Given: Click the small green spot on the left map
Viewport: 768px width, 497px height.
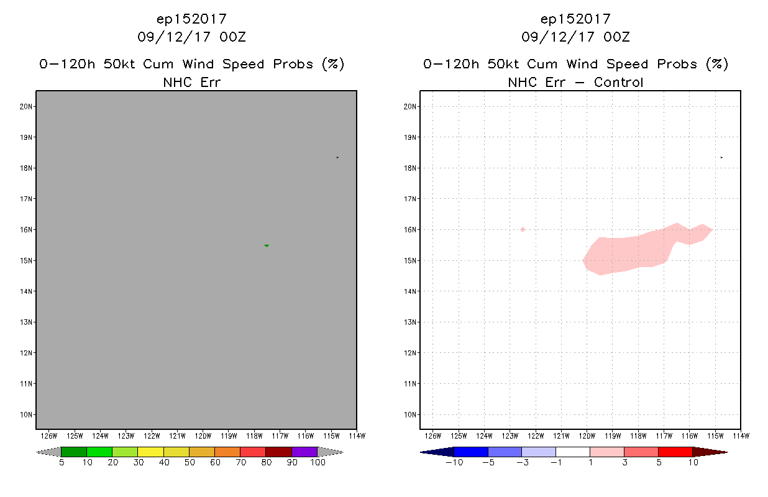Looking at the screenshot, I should point(267,245).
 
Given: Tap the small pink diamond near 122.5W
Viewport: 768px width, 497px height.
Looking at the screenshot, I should point(523,229).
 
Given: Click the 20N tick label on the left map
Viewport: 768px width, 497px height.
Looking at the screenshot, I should point(25,107).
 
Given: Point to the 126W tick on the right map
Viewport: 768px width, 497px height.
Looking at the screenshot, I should point(432,435).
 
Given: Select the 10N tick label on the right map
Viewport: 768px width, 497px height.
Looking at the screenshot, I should point(410,414).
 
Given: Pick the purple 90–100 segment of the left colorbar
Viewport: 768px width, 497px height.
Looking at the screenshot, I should point(304,452).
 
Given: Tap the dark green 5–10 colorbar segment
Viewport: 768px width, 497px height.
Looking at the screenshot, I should point(74,452).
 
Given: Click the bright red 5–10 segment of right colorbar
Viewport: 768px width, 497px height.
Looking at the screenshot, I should point(675,452).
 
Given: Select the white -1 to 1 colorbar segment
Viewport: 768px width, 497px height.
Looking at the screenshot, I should point(572,452).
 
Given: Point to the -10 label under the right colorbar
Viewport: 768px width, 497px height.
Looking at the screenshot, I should point(454,462).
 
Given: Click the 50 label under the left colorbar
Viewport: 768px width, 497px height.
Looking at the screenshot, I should point(189,462).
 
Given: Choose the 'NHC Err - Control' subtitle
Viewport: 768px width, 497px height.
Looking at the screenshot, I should point(575,82).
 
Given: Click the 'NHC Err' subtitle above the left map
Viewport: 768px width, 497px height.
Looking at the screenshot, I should point(191,82).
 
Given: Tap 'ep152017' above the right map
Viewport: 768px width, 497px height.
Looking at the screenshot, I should point(575,19).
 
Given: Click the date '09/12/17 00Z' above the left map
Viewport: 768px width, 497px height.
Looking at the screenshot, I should point(191,37).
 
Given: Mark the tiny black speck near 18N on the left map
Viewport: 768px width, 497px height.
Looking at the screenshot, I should point(337,157).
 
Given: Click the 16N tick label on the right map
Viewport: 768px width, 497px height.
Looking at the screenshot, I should point(410,230).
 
